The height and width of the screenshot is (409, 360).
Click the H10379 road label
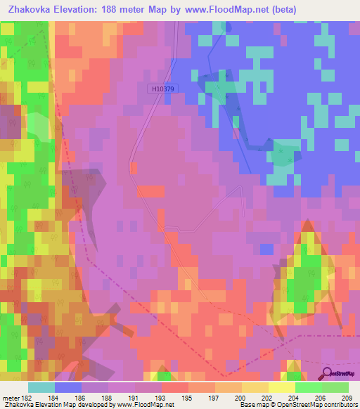pos(163,89)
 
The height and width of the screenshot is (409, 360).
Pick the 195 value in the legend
pos(187,398)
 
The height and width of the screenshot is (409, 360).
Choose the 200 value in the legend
pos(239,398)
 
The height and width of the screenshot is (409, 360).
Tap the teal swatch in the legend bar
pos(41,387)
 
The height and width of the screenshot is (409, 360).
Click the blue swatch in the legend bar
pos(67,387)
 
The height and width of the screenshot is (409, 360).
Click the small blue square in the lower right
pos(266,249)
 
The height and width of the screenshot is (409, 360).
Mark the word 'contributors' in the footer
pos(340,405)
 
